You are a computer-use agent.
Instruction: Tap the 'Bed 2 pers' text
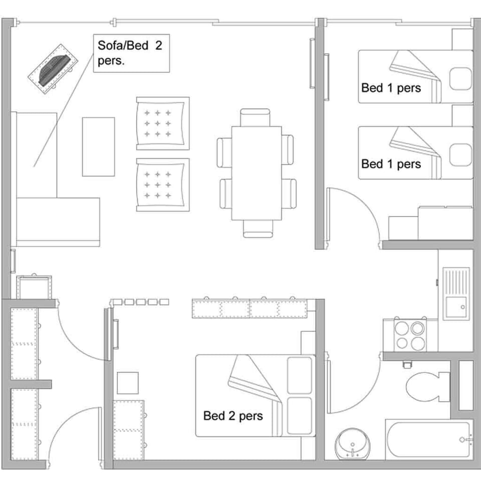point(233,415)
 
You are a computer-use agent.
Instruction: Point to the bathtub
point(428,439)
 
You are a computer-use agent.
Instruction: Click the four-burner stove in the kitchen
point(410,335)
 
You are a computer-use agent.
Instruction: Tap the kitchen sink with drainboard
point(456,294)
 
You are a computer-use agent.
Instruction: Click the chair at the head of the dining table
point(255,117)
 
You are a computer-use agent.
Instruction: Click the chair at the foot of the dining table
point(258,228)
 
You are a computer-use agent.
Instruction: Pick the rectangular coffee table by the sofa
point(98,146)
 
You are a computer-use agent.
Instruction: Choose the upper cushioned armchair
point(163,123)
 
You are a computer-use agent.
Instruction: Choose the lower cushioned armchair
point(163,185)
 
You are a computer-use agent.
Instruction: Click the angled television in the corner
point(54,72)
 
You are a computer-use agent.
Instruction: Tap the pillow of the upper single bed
point(460,79)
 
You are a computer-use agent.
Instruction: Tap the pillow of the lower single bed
point(460,154)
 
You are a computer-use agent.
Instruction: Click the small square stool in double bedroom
point(128,383)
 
